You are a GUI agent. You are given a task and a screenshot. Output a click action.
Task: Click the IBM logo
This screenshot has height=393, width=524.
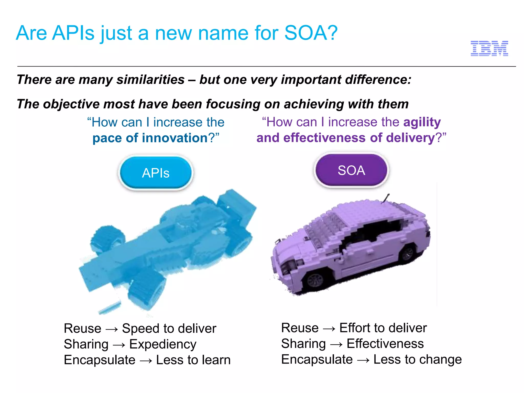[x=489, y=48]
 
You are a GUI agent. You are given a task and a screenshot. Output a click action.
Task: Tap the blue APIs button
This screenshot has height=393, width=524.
[x=156, y=173]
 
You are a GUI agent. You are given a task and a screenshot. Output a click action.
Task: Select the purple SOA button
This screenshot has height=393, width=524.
[x=351, y=170]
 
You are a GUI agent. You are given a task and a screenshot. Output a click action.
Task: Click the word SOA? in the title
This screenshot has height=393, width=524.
[x=311, y=33]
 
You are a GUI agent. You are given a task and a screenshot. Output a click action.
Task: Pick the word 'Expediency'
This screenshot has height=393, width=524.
[x=163, y=344]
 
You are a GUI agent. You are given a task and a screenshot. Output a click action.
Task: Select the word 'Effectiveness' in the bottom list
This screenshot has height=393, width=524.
[x=385, y=344]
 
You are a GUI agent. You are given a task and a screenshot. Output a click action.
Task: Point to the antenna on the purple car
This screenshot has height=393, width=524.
[x=385, y=198]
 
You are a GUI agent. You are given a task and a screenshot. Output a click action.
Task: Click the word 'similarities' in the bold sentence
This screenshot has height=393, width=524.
[x=150, y=80]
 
